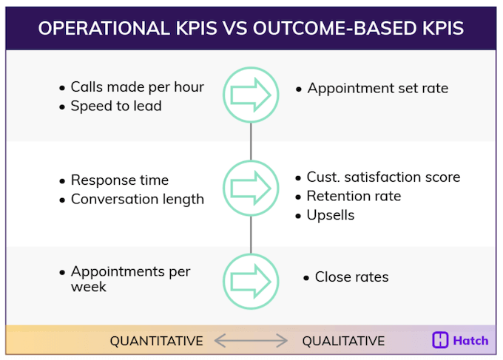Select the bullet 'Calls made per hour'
(x=137, y=87)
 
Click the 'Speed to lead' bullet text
(x=115, y=106)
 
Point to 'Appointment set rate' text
(x=377, y=89)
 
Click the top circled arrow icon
(x=251, y=94)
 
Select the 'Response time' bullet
(x=119, y=180)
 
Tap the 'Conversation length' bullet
(x=137, y=199)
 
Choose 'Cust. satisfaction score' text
(x=383, y=177)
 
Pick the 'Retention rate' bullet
(x=354, y=196)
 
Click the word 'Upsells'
(x=331, y=215)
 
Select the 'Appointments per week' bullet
(x=130, y=279)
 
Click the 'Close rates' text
(x=351, y=277)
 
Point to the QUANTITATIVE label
(x=156, y=341)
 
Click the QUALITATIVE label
(x=343, y=341)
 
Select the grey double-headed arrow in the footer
(x=251, y=341)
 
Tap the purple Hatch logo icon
(x=441, y=340)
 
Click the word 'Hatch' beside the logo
(x=471, y=340)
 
